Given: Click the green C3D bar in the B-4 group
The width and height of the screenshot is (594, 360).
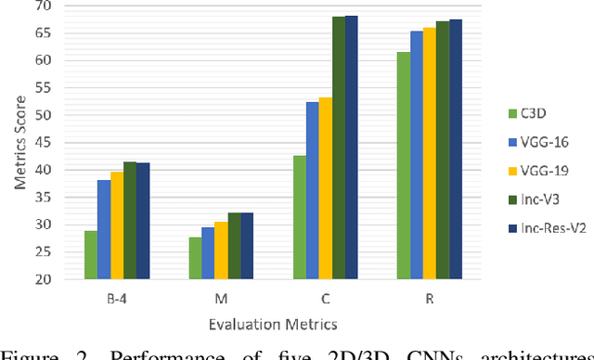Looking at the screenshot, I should (91, 255).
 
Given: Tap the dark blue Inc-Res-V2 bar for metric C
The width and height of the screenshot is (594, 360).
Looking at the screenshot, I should (351, 148).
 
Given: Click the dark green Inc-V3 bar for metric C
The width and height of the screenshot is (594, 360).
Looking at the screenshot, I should (338, 148).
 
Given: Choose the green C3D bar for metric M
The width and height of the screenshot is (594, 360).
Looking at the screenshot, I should (195, 258).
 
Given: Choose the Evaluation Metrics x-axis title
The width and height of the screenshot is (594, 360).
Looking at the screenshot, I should (273, 324).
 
